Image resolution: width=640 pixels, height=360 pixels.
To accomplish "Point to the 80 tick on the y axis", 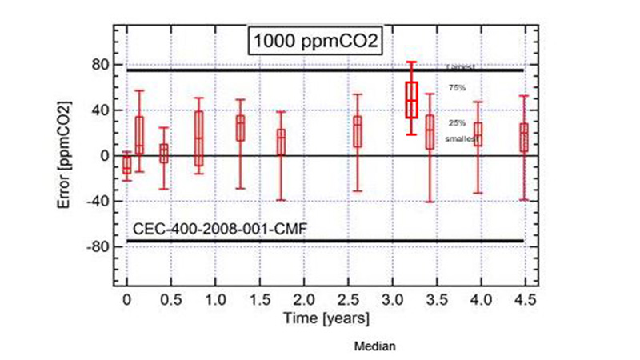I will click(x=101, y=65).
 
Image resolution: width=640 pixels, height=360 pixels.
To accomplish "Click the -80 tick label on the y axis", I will click(x=98, y=246).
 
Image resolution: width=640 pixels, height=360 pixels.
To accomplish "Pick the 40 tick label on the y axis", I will click(x=101, y=110).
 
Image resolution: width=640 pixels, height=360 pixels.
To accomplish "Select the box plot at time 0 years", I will click(x=126, y=165).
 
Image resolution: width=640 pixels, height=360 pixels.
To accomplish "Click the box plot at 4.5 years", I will click(x=524, y=137).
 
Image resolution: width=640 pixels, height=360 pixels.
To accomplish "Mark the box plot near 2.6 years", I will click(x=358, y=131).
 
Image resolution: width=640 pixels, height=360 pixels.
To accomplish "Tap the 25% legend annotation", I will click(x=457, y=122).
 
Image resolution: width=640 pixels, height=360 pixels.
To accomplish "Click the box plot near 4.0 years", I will click(x=478, y=134).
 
